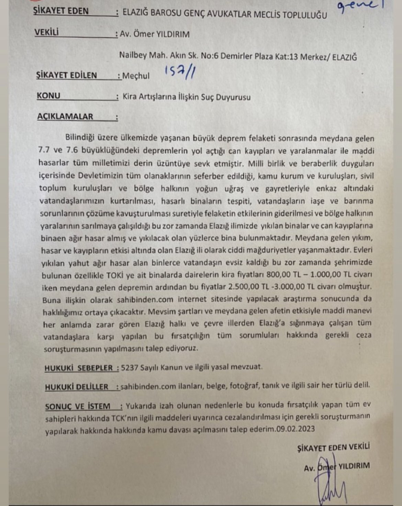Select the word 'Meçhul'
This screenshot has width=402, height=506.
tap(136, 76)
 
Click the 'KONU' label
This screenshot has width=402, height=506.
tap(48, 96)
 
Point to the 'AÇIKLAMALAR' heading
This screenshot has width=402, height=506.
tap(65, 117)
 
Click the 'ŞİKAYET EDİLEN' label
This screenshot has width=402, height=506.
tap(66, 75)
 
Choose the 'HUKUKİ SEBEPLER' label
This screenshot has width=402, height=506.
tap(79, 368)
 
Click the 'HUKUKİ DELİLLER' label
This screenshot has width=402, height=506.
tap(77, 387)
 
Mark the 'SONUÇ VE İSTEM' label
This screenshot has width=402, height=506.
tap(78, 407)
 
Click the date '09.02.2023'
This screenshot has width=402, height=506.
tap(295, 429)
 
